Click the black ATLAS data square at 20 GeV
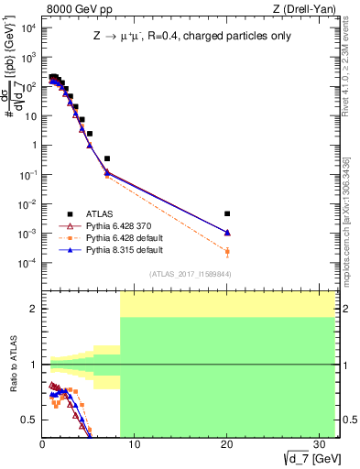(227, 213)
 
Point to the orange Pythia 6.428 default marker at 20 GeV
(227, 251)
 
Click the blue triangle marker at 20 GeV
(227, 233)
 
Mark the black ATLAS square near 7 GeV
(107, 158)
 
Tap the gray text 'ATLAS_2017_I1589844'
(189, 274)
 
